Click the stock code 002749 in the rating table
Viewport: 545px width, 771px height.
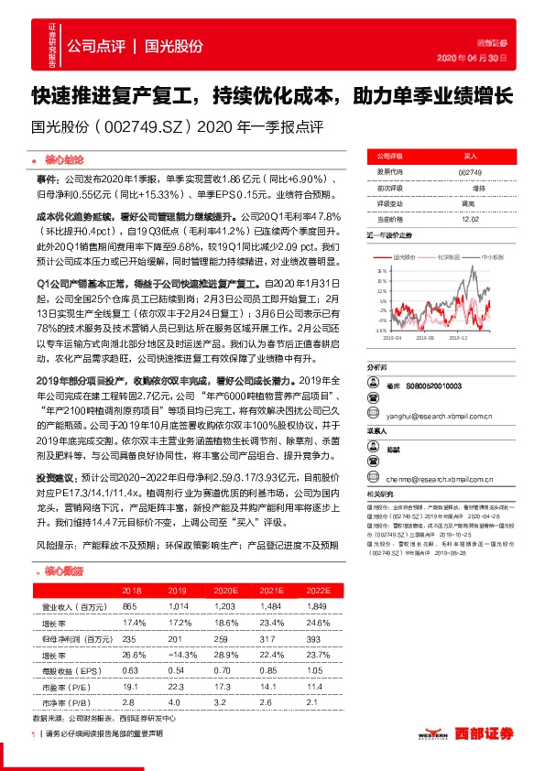tap(469, 171)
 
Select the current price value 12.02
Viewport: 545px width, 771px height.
tap(469, 218)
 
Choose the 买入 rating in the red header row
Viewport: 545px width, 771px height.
tap(469, 157)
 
